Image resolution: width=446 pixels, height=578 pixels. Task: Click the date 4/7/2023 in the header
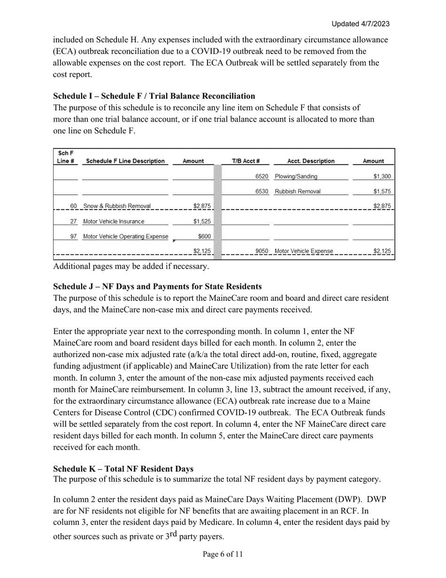click(x=374, y=24)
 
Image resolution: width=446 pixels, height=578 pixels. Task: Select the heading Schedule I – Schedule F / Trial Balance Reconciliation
click(x=154, y=96)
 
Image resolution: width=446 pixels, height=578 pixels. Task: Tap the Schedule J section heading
click(x=157, y=287)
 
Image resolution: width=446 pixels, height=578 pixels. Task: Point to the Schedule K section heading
click(x=123, y=469)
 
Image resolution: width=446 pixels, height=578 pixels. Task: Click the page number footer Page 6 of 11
click(x=223, y=555)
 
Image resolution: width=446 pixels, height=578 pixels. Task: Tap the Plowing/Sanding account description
click(x=296, y=177)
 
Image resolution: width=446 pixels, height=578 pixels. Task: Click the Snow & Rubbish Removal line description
click(x=117, y=206)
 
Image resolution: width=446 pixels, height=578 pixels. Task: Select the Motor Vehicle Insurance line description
click(x=114, y=222)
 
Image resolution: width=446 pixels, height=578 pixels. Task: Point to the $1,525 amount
click(x=202, y=222)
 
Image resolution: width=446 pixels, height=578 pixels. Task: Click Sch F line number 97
click(x=74, y=237)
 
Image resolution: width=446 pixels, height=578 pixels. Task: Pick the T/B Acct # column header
click(x=246, y=161)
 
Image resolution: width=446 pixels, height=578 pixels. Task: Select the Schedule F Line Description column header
click(x=125, y=161)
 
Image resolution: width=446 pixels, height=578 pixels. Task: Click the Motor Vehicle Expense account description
click(x=304, y=251)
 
